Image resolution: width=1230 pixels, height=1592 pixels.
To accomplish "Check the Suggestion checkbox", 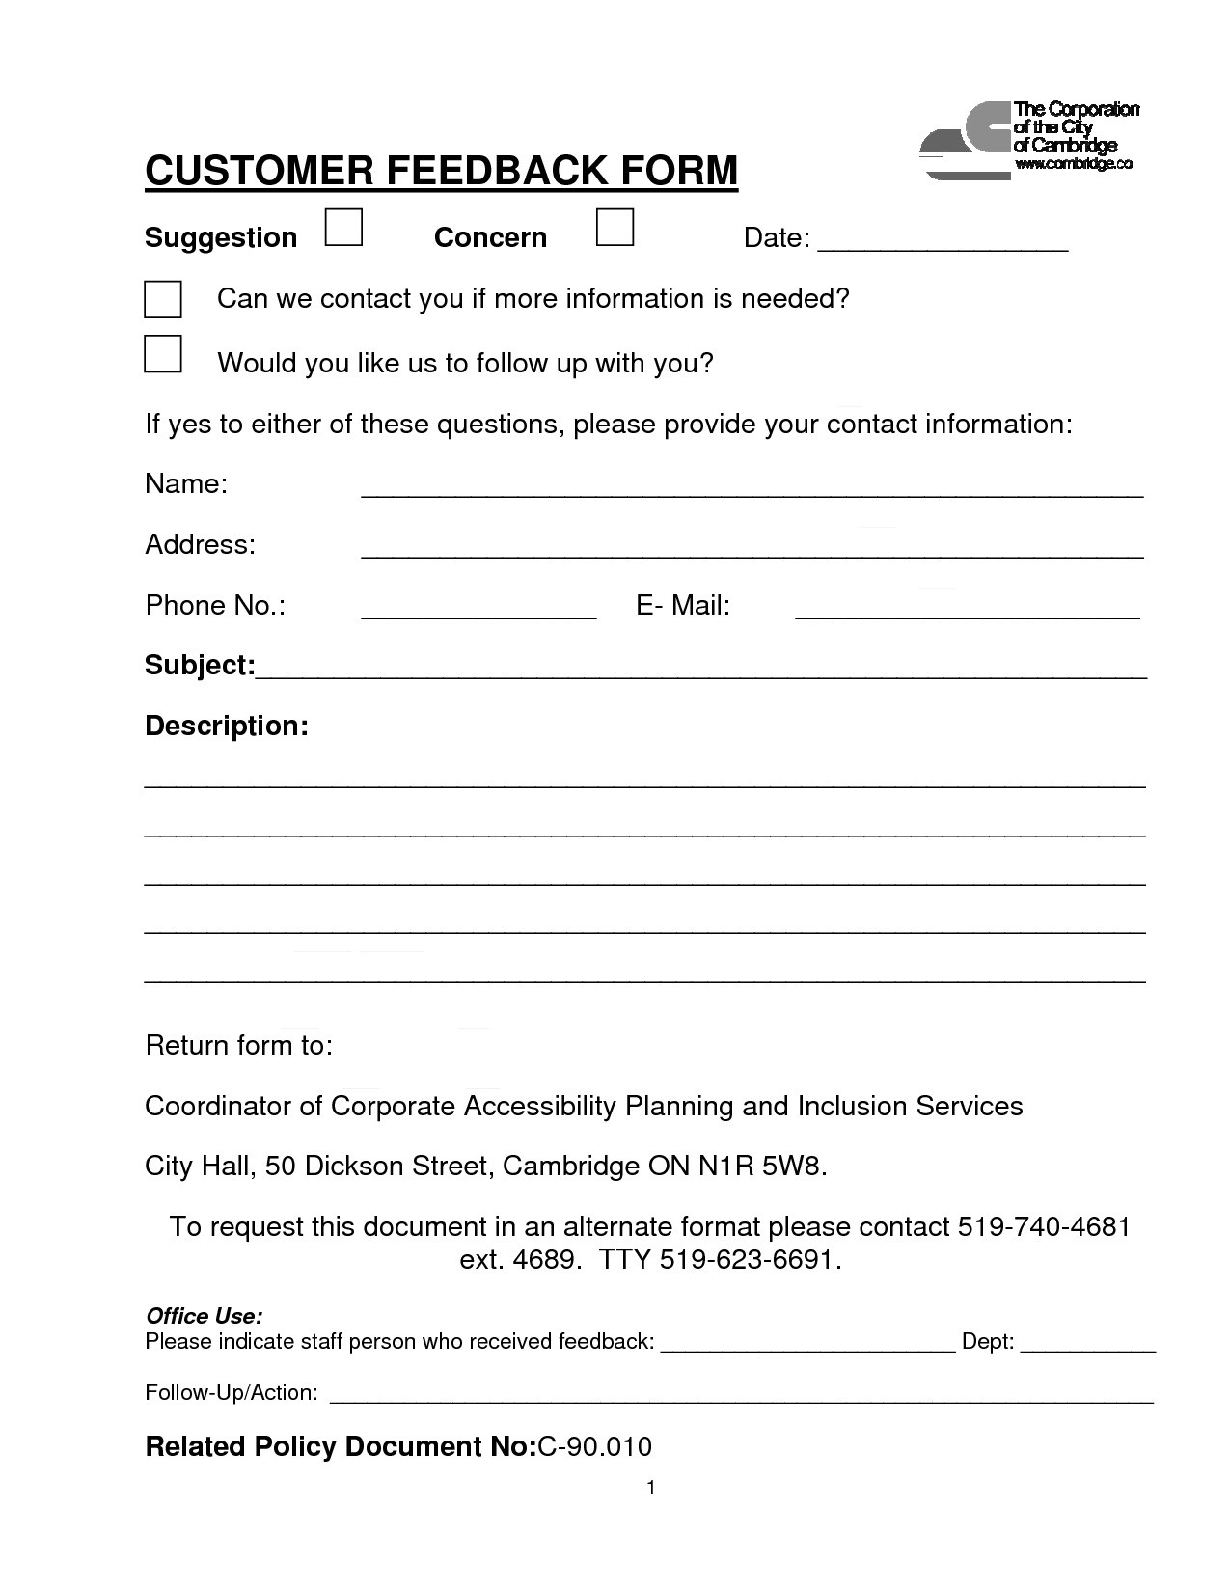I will point(343,229).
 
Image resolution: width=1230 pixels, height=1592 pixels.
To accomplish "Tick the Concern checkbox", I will point(615,228).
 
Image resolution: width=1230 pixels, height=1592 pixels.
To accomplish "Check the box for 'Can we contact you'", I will point(163,299).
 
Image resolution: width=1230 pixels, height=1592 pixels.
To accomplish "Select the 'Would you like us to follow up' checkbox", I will point(163,354).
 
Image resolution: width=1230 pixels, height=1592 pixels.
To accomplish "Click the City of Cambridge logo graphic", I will point(964,140).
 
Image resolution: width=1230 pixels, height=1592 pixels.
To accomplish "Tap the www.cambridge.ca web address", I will point(1073,164).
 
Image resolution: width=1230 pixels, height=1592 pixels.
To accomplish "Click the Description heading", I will point(227,726).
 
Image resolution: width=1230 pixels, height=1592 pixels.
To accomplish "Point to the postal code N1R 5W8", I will point(762,1167).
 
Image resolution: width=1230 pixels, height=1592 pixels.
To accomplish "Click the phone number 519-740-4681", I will point(1044,1227).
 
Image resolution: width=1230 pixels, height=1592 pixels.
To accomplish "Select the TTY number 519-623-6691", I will point(750,1260).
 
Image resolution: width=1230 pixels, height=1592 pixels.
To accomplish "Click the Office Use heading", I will point(204,1316).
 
